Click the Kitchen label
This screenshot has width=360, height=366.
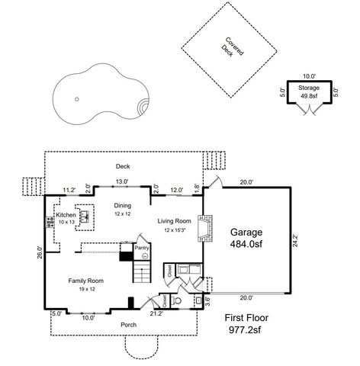tap(66, 216)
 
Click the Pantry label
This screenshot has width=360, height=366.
tap(141, 248)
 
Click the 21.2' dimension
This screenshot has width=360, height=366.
tap(156, 313)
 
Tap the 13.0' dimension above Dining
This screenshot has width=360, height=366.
tap(121, 181)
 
